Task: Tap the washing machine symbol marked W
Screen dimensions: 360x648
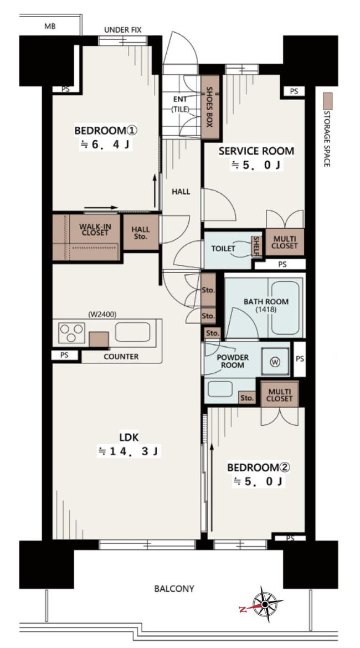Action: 275,362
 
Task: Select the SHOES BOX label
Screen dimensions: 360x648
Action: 209,107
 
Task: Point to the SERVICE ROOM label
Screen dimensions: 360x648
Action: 256,151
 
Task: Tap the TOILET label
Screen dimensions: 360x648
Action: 223,249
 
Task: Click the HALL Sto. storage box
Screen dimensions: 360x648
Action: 141,232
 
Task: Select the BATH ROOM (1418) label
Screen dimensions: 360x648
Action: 266,305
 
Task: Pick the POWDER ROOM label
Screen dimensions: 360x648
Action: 232,361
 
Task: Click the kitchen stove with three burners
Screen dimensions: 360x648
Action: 71,333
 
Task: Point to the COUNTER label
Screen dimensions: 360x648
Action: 121,357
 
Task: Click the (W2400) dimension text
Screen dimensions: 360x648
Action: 102,315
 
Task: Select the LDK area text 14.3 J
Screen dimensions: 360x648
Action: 128,452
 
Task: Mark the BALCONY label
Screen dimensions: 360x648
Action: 174,589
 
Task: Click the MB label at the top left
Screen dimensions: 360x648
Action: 50,27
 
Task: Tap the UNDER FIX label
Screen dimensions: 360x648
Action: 123,30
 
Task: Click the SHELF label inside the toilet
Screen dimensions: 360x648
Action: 256,246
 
